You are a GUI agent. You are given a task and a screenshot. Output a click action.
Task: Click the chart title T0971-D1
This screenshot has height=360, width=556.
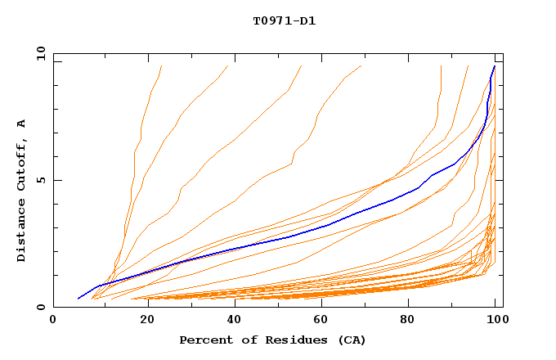click(x=284, y=20)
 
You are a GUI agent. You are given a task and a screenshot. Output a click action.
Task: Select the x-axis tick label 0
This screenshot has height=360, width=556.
click(x=53, y=322)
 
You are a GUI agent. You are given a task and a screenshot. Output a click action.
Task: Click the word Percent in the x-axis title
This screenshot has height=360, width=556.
click(x=204, y=340)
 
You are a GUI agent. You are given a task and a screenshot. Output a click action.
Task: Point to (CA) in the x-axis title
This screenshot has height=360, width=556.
click(x=351, y=340)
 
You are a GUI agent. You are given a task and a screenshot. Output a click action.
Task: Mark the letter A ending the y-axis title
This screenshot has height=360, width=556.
click(x=22, y=123)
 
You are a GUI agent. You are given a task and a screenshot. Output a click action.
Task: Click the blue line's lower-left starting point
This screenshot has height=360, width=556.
click(x=78, y=299)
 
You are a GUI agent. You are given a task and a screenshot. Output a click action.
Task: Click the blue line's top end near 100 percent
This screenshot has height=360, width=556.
click(x=494, y=66)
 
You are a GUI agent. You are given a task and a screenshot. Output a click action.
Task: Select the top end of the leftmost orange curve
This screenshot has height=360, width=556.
click(x=161, y=66)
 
